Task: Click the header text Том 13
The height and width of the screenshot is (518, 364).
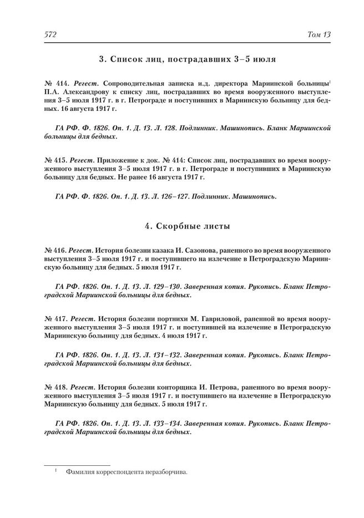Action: point(319,35)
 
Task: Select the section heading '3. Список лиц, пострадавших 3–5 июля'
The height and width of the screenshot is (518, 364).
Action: point(187,58)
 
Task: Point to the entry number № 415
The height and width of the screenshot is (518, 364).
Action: point(54,159)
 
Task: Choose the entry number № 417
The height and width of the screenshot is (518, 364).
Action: point(54,319)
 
